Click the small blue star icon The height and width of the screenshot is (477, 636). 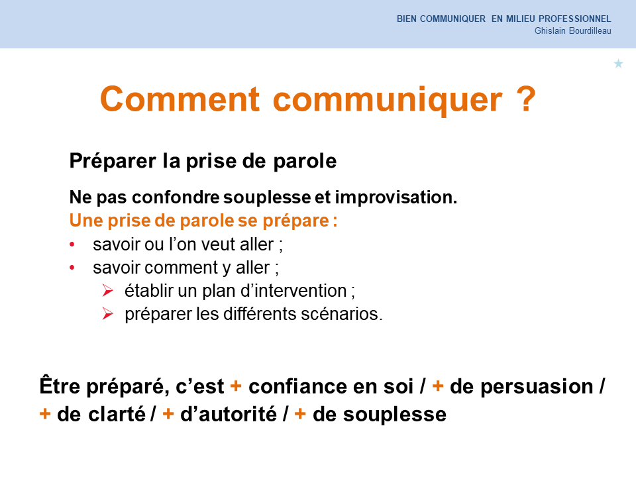coord(618,64)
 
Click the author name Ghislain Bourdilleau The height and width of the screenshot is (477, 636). coord(572,31)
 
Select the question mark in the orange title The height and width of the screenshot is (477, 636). coord(526,99)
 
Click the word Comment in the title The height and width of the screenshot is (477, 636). coord(180,99)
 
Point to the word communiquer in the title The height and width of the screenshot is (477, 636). coord(388,101)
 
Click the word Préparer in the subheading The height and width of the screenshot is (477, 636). coord(113,161)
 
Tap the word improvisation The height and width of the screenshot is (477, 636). coord(396,197)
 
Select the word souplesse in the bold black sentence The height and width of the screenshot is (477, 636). coord(267,198)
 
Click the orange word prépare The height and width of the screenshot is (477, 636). coord(295,221)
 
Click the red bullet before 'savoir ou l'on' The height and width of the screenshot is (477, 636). coord(72,244)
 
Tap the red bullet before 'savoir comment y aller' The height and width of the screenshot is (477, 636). coord(72,267)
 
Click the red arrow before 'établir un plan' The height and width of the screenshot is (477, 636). coord(107,290)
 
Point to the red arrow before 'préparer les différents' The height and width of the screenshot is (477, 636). coord(107,313)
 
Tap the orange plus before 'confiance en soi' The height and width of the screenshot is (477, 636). coord(236,386)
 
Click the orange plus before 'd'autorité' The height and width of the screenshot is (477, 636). coord(168,413)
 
